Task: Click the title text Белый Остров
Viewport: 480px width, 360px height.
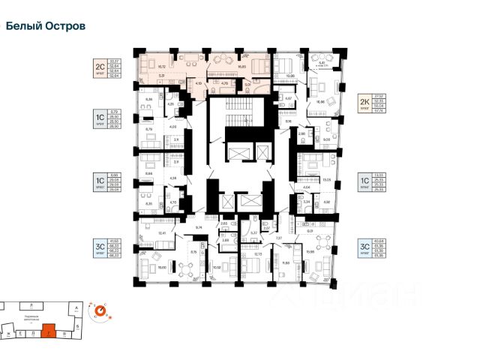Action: (x=45, y=25)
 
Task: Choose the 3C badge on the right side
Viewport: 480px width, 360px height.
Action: (x=364, y=249)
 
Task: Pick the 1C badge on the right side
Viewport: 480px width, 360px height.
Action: (x=364, y=181)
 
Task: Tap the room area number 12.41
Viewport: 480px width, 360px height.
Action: (x=162, y=232)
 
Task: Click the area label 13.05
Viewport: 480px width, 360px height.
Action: (x=325, y=180)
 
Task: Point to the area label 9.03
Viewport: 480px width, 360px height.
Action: (x=326, y=138)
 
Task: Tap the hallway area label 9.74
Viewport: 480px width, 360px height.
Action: (x=199, y=227)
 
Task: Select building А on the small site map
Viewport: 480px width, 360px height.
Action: (x=76, y=307)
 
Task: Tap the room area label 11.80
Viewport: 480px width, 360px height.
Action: (x=286, y=262)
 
